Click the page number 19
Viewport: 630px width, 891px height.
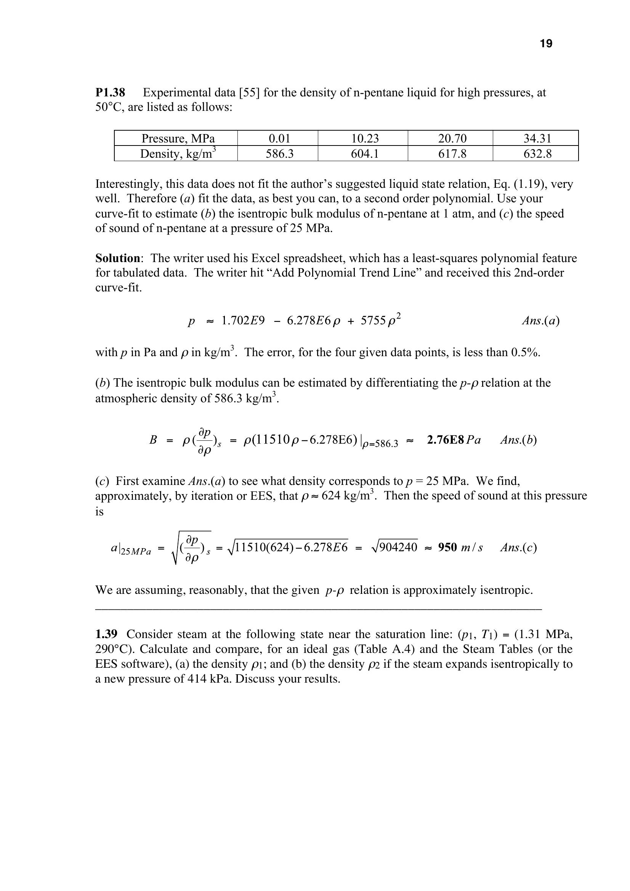click(x=546, y=44)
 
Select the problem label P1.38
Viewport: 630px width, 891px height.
click(x=110, y=93)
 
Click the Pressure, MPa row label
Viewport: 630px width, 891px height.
click(x=178, y=139)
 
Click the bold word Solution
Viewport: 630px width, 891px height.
click(x=118, y=258)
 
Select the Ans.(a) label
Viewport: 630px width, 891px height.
click(x=540, y=320)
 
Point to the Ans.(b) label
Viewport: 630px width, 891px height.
click(x=518, y=440)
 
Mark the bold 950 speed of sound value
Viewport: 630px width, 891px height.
click(x=447, y=547)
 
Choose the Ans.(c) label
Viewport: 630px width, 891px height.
click(x=518, y=547)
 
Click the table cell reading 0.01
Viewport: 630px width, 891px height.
click(x=279, y=139)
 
